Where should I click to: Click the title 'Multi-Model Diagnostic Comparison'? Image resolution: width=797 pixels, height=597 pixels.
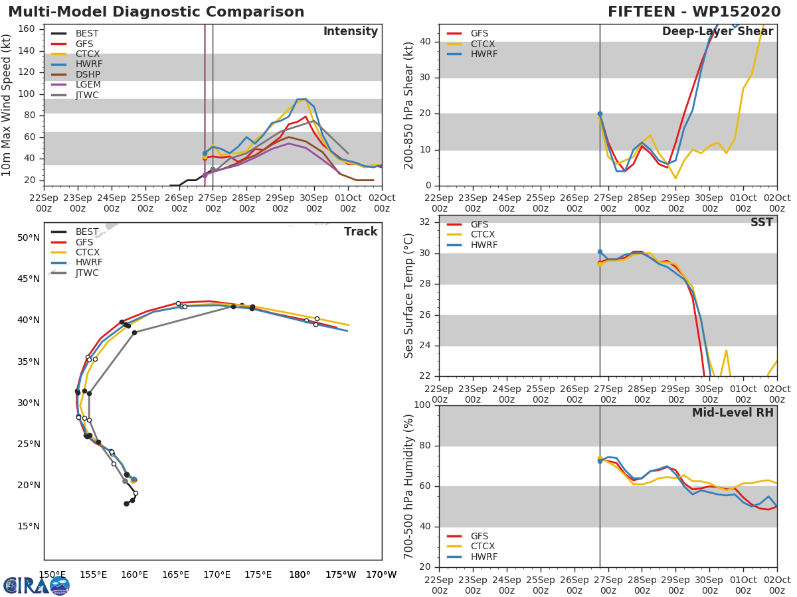156,12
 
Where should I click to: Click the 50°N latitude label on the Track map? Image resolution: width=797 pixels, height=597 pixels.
28,237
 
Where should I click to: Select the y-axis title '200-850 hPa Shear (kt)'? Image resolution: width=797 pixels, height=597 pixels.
410,105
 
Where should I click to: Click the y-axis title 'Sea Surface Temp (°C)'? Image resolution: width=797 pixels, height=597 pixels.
410,295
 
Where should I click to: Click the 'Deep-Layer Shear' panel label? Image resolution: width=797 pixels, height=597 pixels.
717,32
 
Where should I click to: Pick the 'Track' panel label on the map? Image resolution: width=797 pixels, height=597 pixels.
360,232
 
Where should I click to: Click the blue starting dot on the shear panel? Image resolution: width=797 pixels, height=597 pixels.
600,114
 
